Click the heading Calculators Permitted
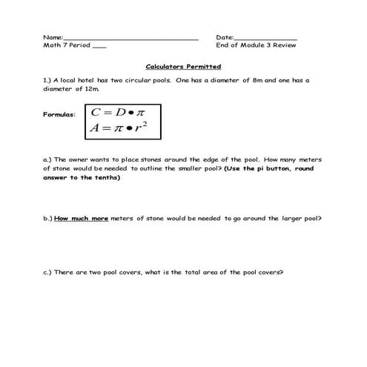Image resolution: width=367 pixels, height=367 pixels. tap(183, 66)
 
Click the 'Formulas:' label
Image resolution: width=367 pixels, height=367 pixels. tap(60, 115)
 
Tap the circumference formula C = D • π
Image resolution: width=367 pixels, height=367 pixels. tap(117, 113)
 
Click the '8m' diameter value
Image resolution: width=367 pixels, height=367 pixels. tap(259, 79)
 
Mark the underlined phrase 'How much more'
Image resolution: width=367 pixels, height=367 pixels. tap(81, 219)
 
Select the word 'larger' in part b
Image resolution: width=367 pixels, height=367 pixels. tap(290, 219)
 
